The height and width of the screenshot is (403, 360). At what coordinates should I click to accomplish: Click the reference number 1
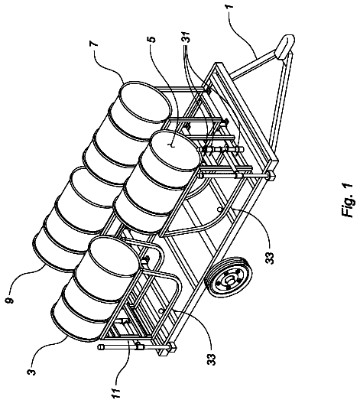click(230, 5)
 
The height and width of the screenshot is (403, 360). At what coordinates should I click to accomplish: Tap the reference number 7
click(94, 43)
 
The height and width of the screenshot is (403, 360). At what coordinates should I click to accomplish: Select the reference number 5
click(153, 39)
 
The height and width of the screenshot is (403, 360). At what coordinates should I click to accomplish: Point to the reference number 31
click(186, 37)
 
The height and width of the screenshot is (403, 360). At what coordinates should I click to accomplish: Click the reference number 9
click(10, 300)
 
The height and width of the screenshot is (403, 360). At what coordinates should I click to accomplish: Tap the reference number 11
click(116, 391)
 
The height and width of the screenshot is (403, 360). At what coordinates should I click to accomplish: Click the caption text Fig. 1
click(348, 200)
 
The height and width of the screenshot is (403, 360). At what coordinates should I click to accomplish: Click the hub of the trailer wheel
click(229, 281)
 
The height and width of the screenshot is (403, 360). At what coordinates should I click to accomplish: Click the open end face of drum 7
click(144, 102)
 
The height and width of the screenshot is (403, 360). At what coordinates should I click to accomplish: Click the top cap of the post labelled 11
click(102, 346)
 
